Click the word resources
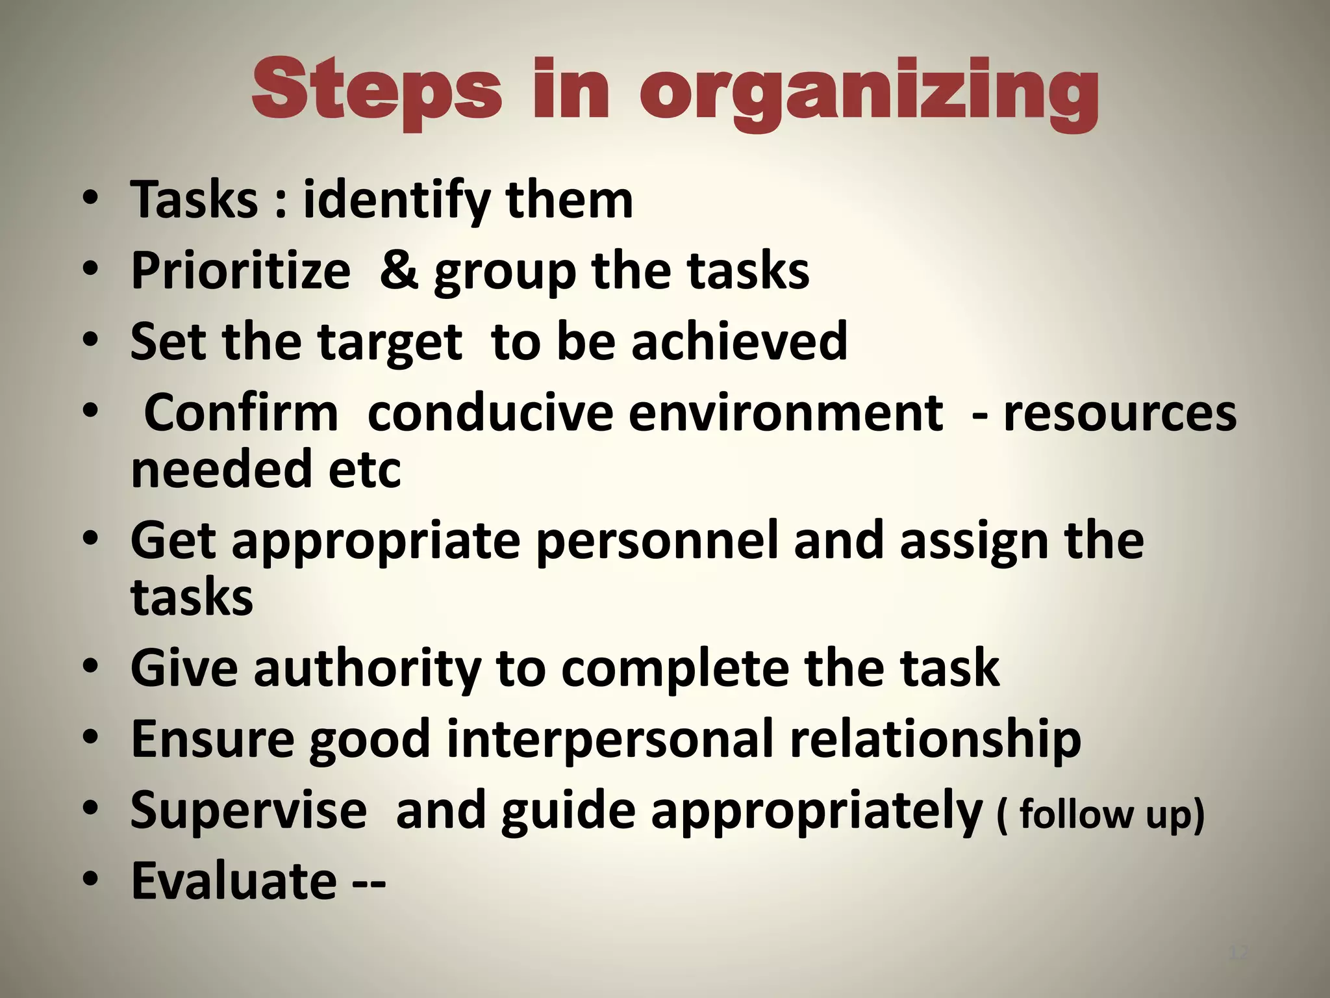pos(1120,413)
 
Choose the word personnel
pos(657,541)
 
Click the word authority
pos(368,669)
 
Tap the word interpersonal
pos(610,739)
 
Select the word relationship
pos(935,739)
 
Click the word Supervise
pos(248,810)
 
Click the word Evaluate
pos(234,880)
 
